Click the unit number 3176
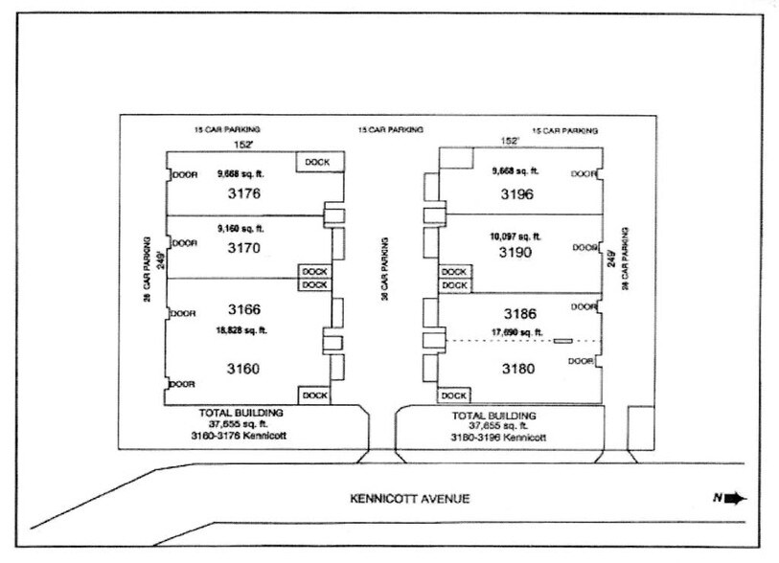pos(244,193)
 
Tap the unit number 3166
pos(244,309)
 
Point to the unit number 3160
pos(244,369)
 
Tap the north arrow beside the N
pos(736,498)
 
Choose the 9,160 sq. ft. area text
pos(241,229)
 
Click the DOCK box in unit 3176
pos(317,163)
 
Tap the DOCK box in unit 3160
pos(312,394)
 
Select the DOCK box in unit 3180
pos(454,395)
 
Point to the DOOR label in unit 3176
pos(184,175)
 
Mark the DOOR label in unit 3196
pos(584,174)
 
